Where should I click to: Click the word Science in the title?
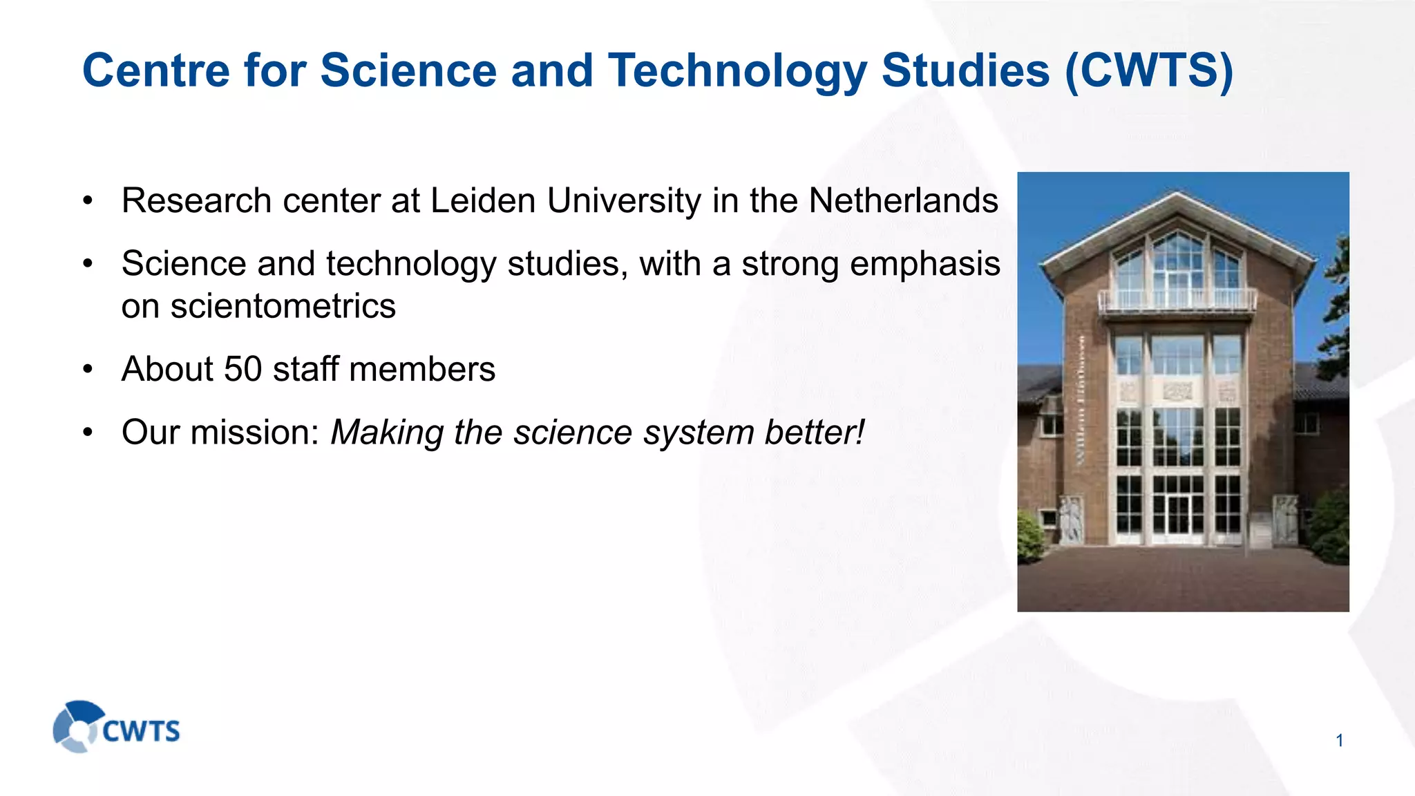(x=408, y=70)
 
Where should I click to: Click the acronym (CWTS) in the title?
(x=1149, y=70)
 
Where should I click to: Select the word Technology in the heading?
(x=737, y=70)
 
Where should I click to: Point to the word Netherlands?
(x=903, y=201)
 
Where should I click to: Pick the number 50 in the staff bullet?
(x=243, y=369)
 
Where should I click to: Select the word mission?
(x=254, y=433)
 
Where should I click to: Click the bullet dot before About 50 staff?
(x=88, y=369)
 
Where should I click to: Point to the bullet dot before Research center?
(x=88, y=201)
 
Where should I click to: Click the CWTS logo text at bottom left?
(x=141, y=731)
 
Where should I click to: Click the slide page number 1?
(x=1339, y=741)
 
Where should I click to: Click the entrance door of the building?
(x=1178, y=515)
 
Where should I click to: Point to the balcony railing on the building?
(x=1177, y=300)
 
